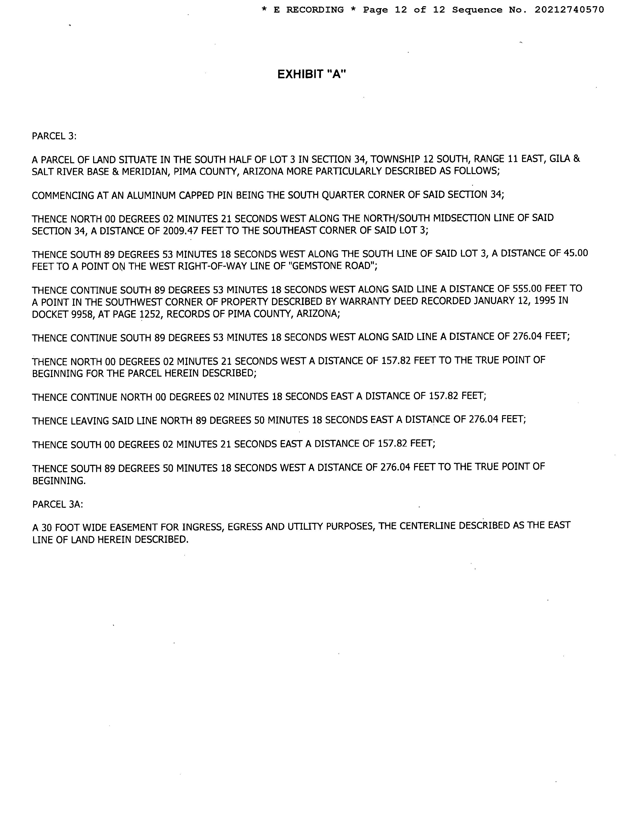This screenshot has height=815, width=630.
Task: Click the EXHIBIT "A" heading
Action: tap(312, 74)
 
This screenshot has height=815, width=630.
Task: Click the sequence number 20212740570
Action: tap(569, 10)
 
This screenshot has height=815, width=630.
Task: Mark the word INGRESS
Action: tap(202, 527)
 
